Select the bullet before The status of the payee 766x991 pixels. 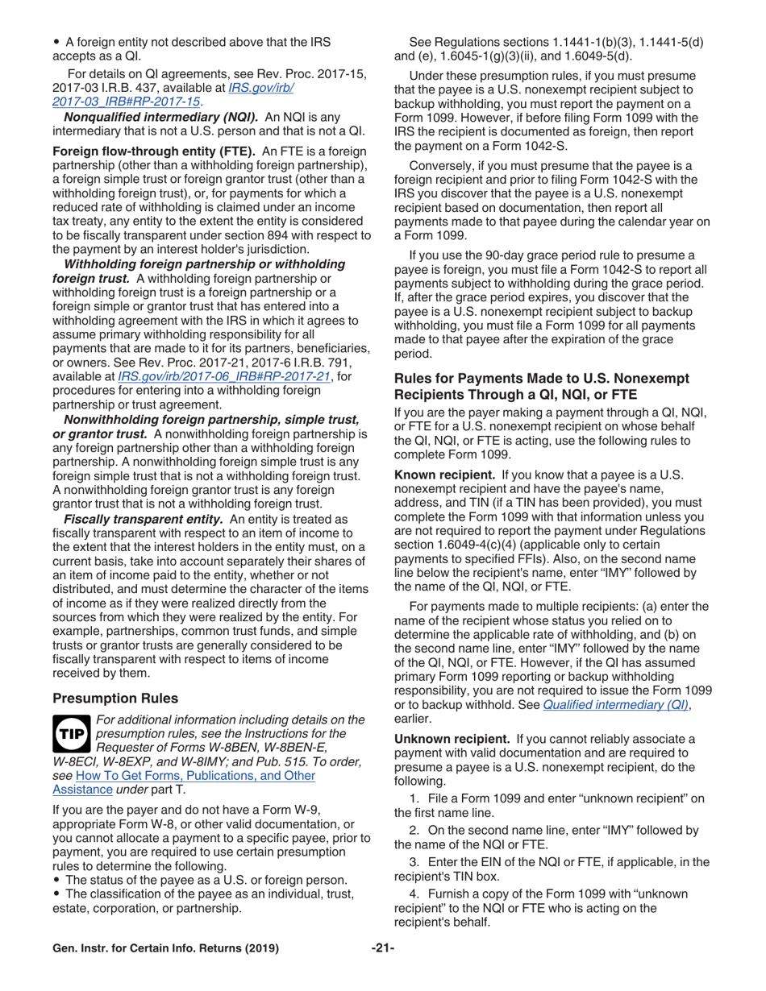56,879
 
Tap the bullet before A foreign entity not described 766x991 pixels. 56,42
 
